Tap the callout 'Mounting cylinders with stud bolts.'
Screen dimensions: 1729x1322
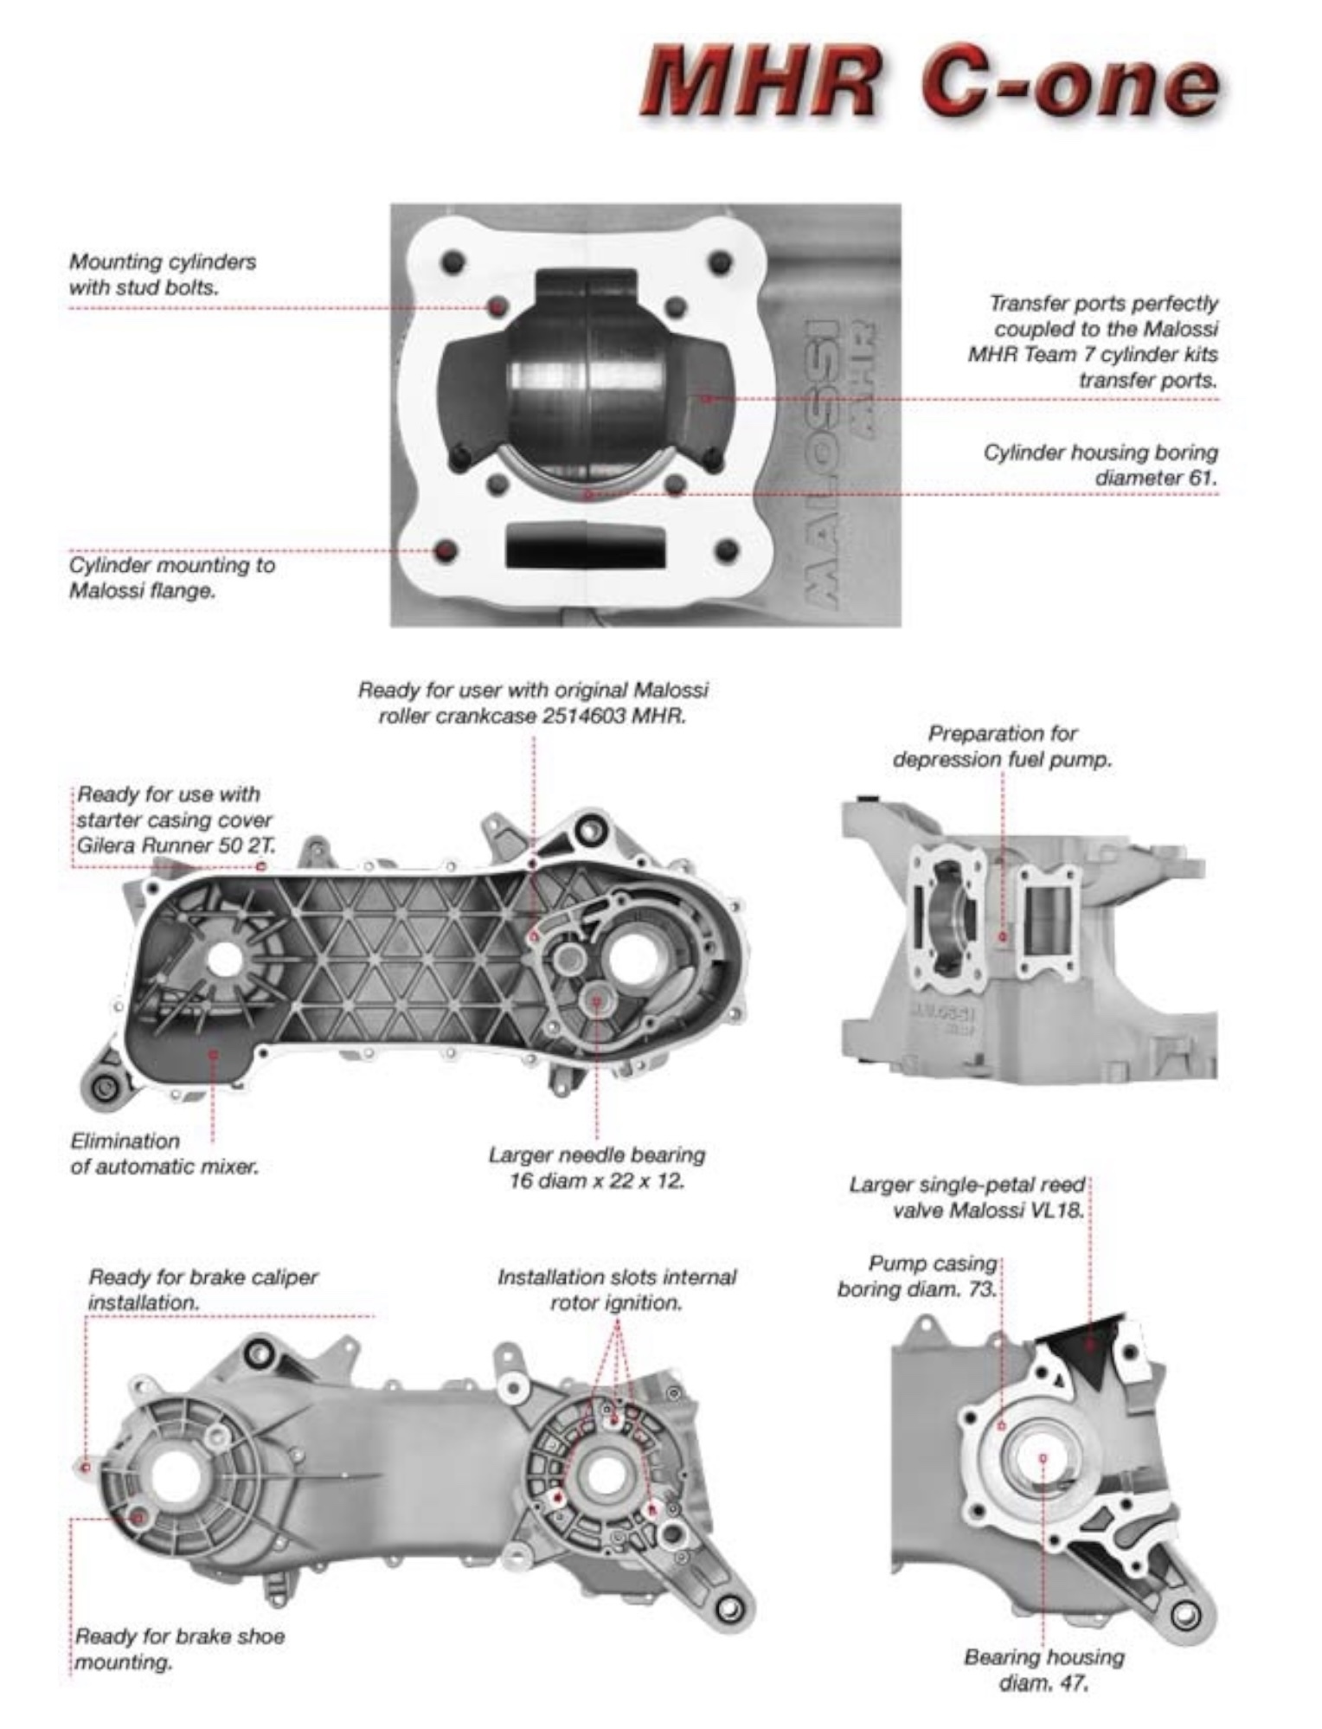click(x=163, y=273)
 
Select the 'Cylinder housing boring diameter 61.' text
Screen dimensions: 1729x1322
click(x=1101, y=465)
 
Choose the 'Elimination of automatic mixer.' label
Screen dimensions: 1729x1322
click(x=164, y=1154)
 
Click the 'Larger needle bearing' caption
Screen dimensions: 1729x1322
click(x=597, y=1154)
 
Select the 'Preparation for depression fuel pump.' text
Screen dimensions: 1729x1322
click(x=1002, y=747)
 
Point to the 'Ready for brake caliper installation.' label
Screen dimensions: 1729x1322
click(x=203, y=1289)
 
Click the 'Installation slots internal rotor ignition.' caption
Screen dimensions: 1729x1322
click(x=616, y=1289)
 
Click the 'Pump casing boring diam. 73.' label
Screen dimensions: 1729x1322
click(x=917, y=1276)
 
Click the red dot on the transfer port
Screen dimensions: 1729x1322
click(x=706, y=398)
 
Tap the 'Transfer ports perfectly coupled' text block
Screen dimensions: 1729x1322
click(x=1094, y=341)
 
